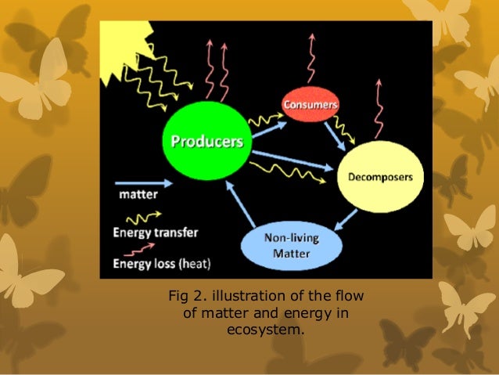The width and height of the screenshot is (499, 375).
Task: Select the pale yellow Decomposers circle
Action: pos(379,178)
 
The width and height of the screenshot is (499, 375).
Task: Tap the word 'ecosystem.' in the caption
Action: pos(267,330)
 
